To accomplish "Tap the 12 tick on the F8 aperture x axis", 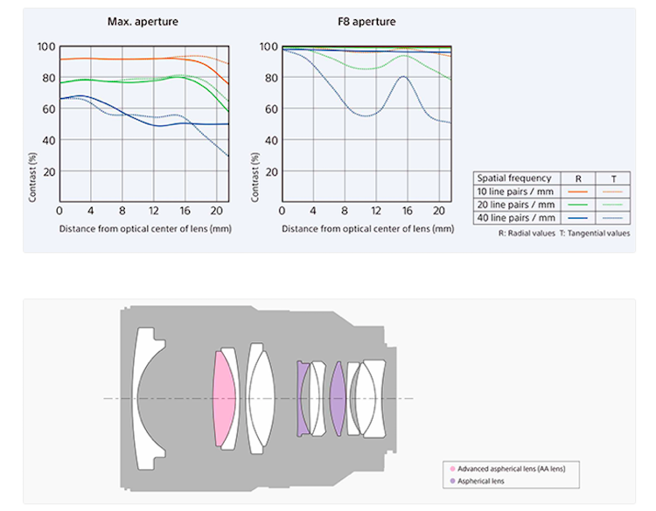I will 375,211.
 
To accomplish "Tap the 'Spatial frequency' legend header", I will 514,178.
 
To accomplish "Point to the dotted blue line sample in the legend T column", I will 613,217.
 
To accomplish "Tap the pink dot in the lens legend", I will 450,469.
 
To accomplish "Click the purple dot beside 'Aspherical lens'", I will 450,481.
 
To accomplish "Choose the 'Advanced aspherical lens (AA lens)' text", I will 511,469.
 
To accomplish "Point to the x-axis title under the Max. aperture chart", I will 144,228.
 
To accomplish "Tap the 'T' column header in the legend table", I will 613,178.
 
